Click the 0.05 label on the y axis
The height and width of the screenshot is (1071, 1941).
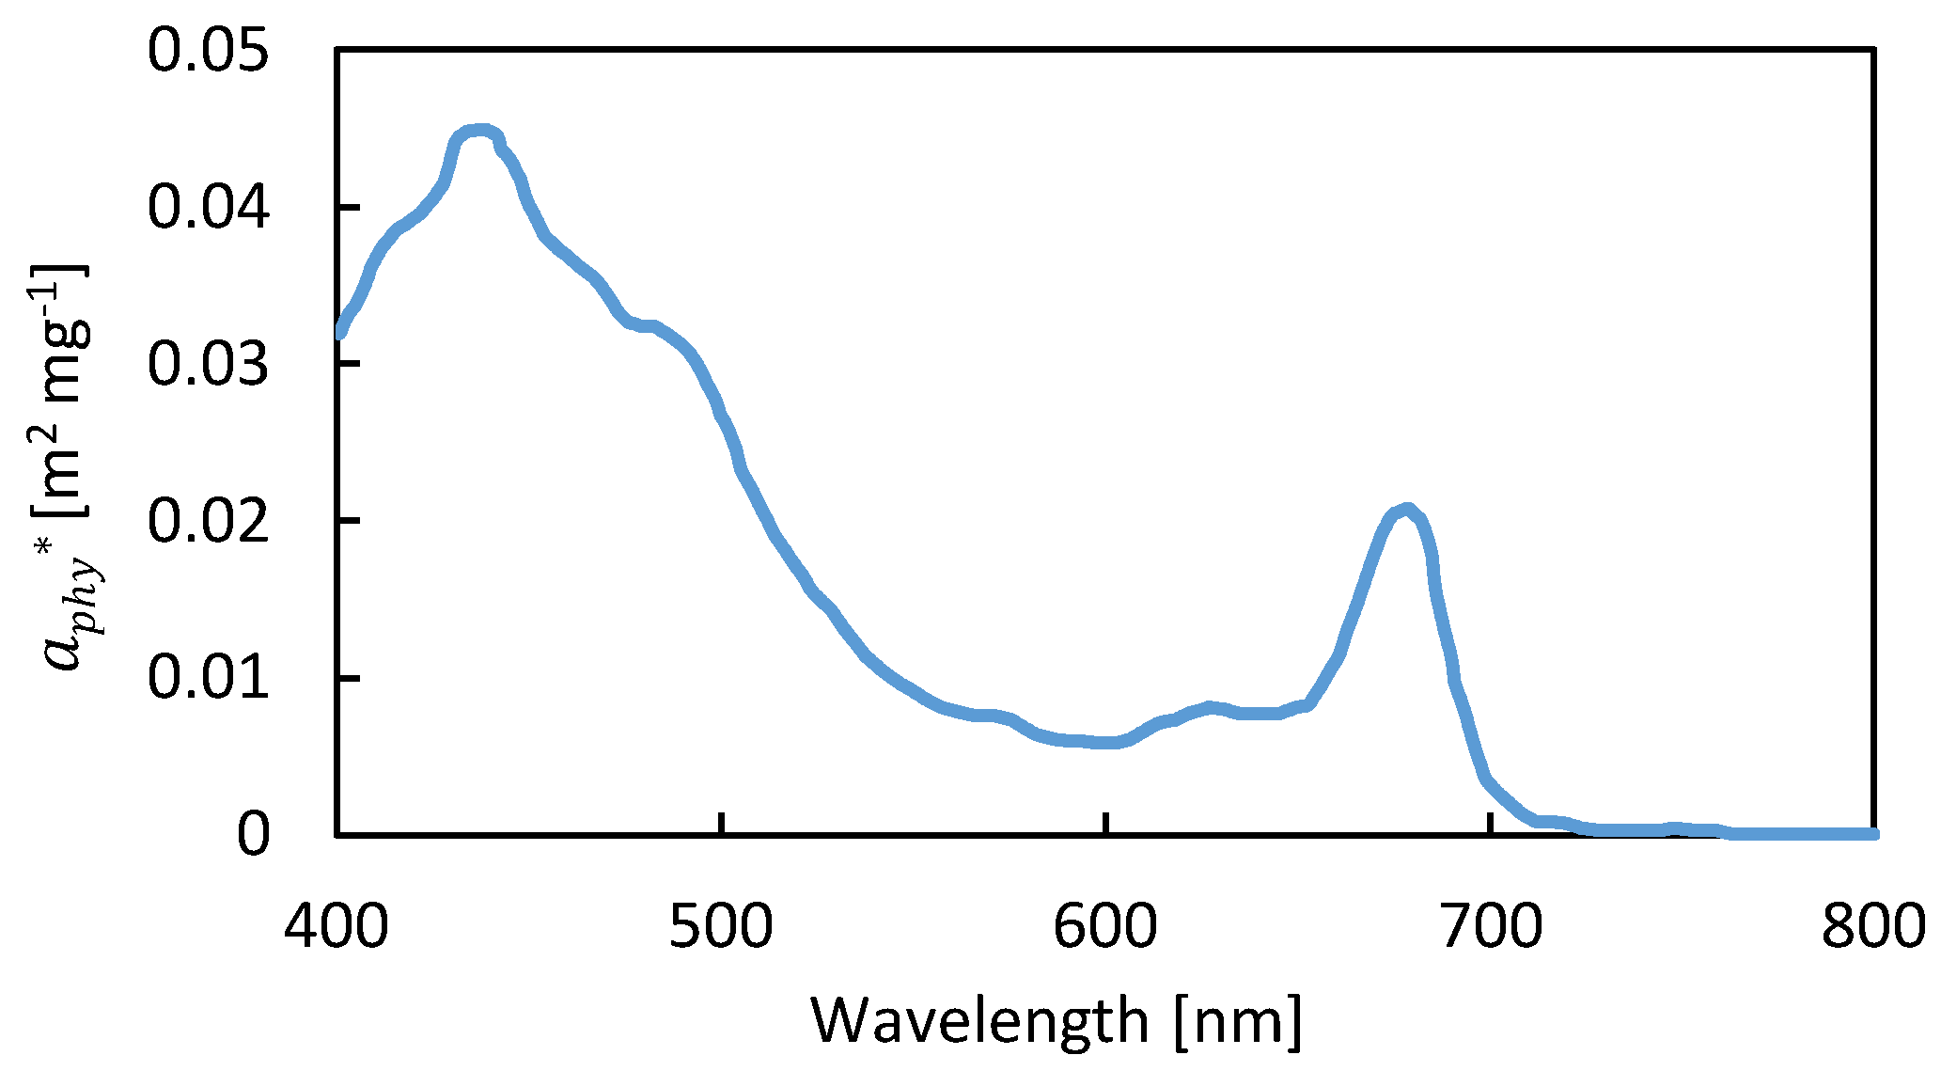click(208, 51)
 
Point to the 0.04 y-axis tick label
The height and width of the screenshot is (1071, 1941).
click(208, 208)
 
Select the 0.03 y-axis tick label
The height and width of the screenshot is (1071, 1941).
click(208, 365)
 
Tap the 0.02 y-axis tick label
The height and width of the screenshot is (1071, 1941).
click(208, 522)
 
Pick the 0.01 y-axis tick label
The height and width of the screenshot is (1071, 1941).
click(208, 679)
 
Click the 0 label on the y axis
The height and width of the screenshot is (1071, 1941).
click(253, 835)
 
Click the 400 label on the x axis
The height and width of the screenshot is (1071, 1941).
click(337, 927)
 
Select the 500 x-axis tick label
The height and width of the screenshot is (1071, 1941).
click(721, 927)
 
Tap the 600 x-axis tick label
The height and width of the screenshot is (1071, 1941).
click(1105, 927)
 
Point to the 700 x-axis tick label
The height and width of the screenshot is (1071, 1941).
click(1491, 927)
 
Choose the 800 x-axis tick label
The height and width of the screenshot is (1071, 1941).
click(1874, 927)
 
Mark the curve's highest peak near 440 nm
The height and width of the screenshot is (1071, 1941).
click(480, 130)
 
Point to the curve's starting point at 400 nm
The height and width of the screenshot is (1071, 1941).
click(340, 331)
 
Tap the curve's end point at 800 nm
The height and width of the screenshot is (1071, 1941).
click(1872, 834)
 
